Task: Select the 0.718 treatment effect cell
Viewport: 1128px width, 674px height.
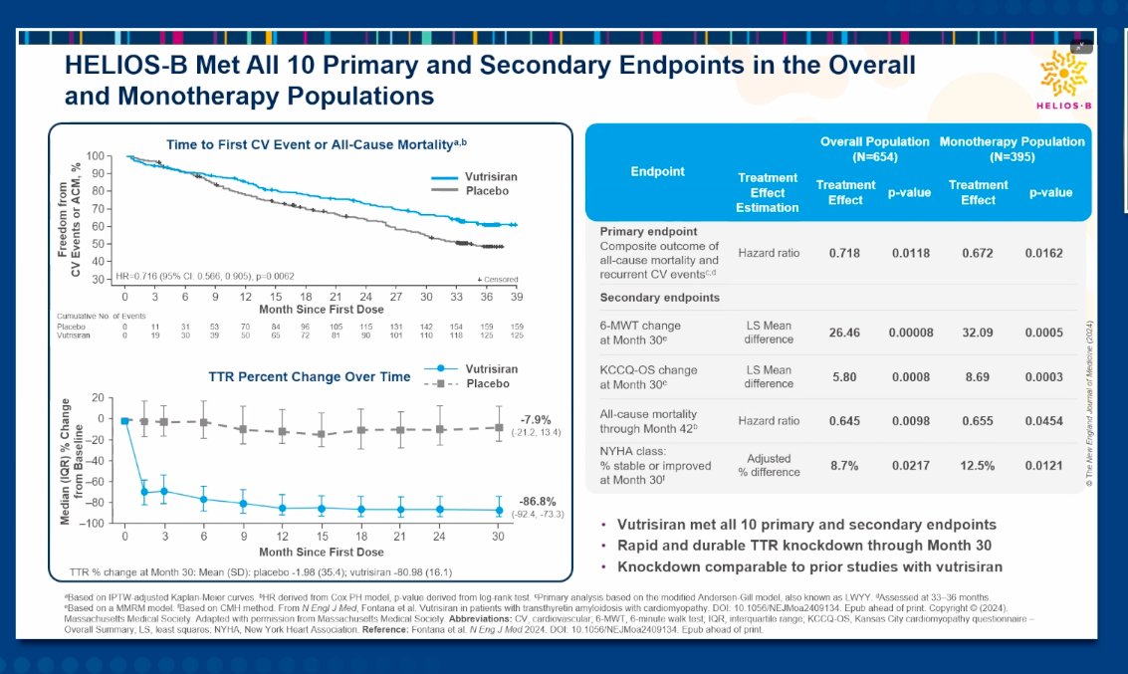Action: pyautogui.click(x=845, y=253)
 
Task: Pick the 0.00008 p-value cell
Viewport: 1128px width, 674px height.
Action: pyautogui.click(x=910, y=332)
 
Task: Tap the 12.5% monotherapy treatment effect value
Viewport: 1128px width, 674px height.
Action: pyautogui.click(x=978, y=465)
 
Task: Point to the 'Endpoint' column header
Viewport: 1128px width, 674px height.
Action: pyautogui.click(x=657, y=171)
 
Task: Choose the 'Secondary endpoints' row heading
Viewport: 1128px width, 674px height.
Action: pyautogui.click(x=646, y=297)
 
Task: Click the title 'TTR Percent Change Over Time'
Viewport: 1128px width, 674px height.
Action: pyautogui.click(x=310, y=377)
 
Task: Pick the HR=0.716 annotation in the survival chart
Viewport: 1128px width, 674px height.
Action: pyautogui.click(x=206, y=274)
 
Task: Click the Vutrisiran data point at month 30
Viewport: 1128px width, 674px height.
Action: pyautogui.click(x=499, y=510)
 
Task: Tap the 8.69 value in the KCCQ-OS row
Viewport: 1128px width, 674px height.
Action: pyautogui.click(x=978, y=376)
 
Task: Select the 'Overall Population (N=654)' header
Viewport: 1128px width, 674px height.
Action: pyautogui.click(x=874, y=148)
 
